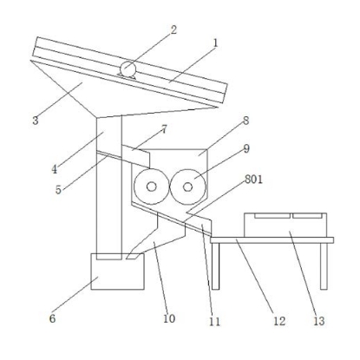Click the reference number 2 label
(173, 29)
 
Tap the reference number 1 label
(215, 43)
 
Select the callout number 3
(36, 121)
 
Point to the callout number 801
(253, 180)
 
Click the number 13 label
(319, 321)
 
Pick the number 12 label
(279, 321)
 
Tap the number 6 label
(52, 318)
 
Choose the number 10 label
(169, 318)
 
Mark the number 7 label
(164, 129)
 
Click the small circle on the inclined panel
(128, 69)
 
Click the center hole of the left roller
(152, 187)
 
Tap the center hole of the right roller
(187, 187)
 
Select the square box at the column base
(117, 272)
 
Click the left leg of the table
(215, 266)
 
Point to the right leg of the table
(324, 266)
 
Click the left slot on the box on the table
(272, 216)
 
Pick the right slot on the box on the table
(307, 216)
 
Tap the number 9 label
(246, 149)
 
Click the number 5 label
(58, 190)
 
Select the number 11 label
(214, 321)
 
